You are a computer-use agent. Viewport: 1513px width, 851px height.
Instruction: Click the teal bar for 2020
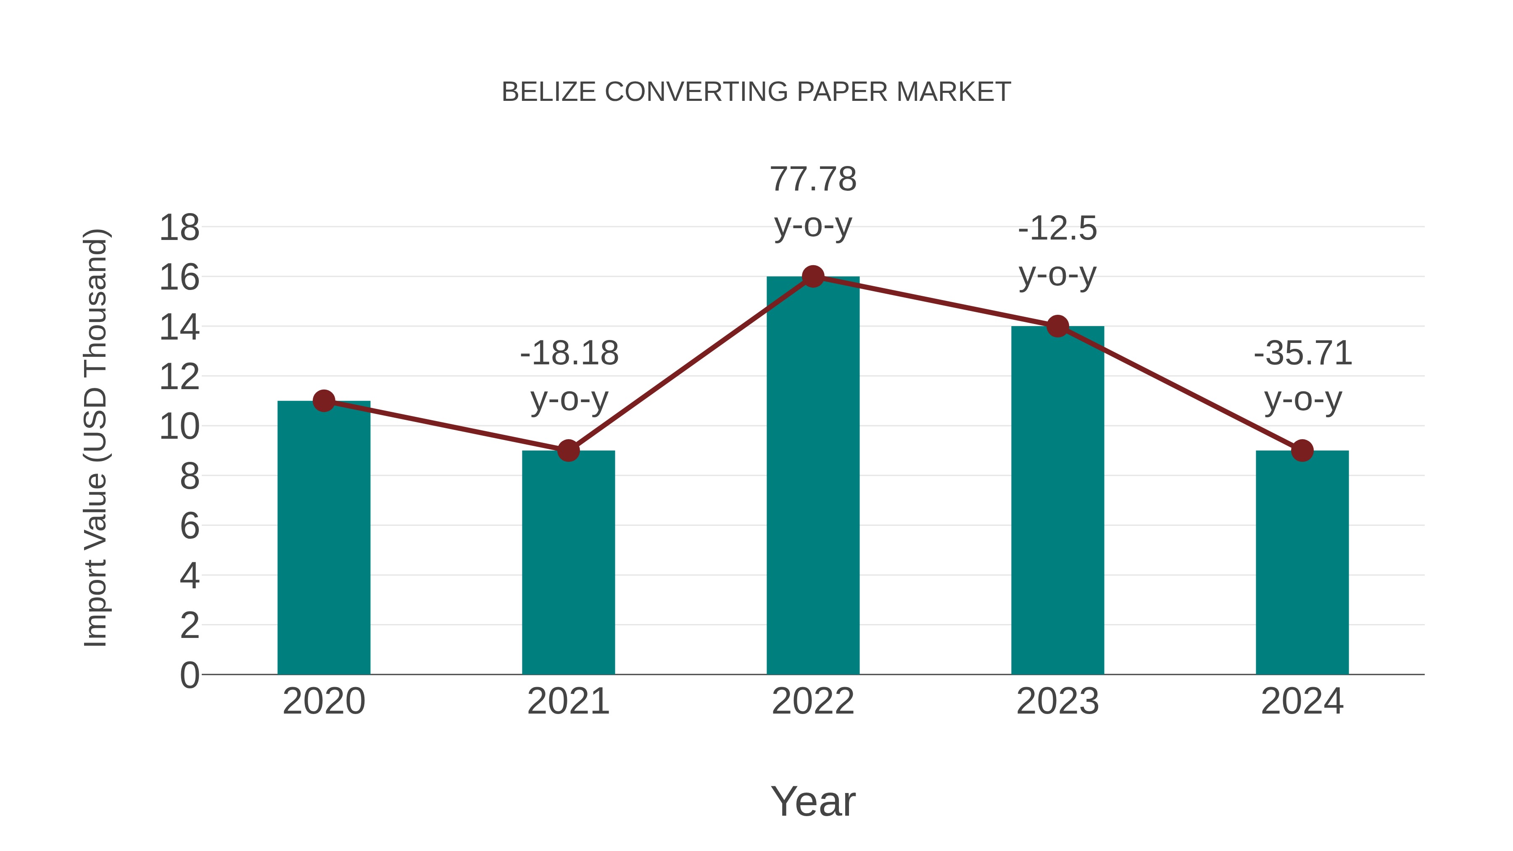coord(324,537)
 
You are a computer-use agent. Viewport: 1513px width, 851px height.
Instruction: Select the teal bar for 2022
coord(813,476)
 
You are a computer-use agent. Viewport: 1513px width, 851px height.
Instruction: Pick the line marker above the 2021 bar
coord(568,451)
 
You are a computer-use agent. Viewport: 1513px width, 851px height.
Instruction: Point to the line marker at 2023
coord(1057,326)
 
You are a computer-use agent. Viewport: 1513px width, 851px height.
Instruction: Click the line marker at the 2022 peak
coord(813,276)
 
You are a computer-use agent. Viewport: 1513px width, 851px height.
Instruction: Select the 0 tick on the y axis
coord(189,675)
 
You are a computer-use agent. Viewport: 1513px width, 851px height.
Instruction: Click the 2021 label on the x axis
coord(568,701)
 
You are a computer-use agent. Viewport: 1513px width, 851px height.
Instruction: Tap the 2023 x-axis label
coord(1057,701)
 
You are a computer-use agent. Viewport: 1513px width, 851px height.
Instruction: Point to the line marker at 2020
coord(324,401)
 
